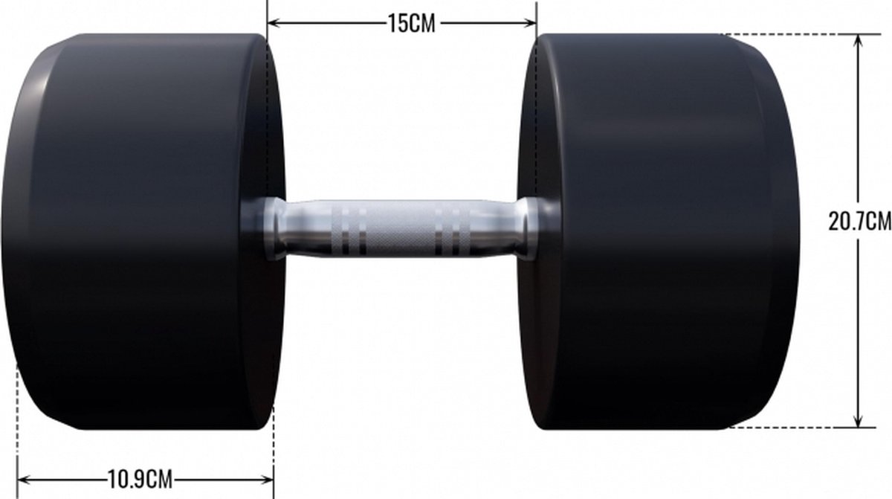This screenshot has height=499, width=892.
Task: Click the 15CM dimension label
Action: click(x=411, y=24)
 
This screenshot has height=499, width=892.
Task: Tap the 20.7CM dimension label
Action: click(x=860, y=221)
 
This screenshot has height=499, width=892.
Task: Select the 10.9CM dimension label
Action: click(x=140, y=479)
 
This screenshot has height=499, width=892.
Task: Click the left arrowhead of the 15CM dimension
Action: click(x=274, y=23)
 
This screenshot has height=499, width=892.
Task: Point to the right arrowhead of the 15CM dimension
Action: click(x=531, y=23)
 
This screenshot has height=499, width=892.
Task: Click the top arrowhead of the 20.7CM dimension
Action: click(x=858, y=42)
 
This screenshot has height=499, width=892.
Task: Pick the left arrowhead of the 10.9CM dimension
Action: click(x=24, y=480)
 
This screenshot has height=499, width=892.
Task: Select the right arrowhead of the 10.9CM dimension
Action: click(x=267, y=480)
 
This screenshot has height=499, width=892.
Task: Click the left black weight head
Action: click(x=143, y=231)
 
